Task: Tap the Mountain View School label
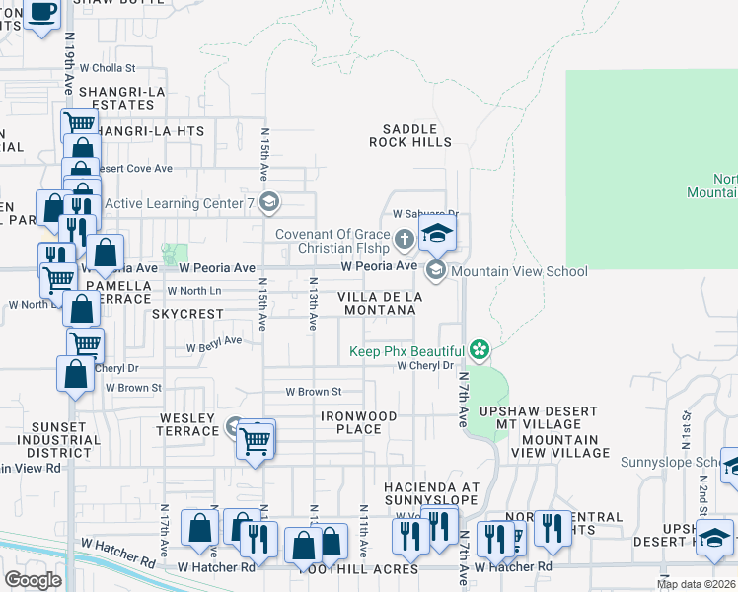coord(519,271)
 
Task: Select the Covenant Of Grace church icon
coord(404,239)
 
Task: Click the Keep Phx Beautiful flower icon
coord(479,349)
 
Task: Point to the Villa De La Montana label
coord(380,303)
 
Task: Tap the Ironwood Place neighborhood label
coord(358,422)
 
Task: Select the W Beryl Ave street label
coord(214,341)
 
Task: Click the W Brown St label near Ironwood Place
coord(313,392)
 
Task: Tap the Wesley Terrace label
coord(188,424)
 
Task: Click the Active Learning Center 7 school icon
coord(269,204)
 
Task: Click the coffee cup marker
coord(41,12)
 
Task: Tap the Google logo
coord(34,579)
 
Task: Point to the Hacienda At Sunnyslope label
coord(431,493)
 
